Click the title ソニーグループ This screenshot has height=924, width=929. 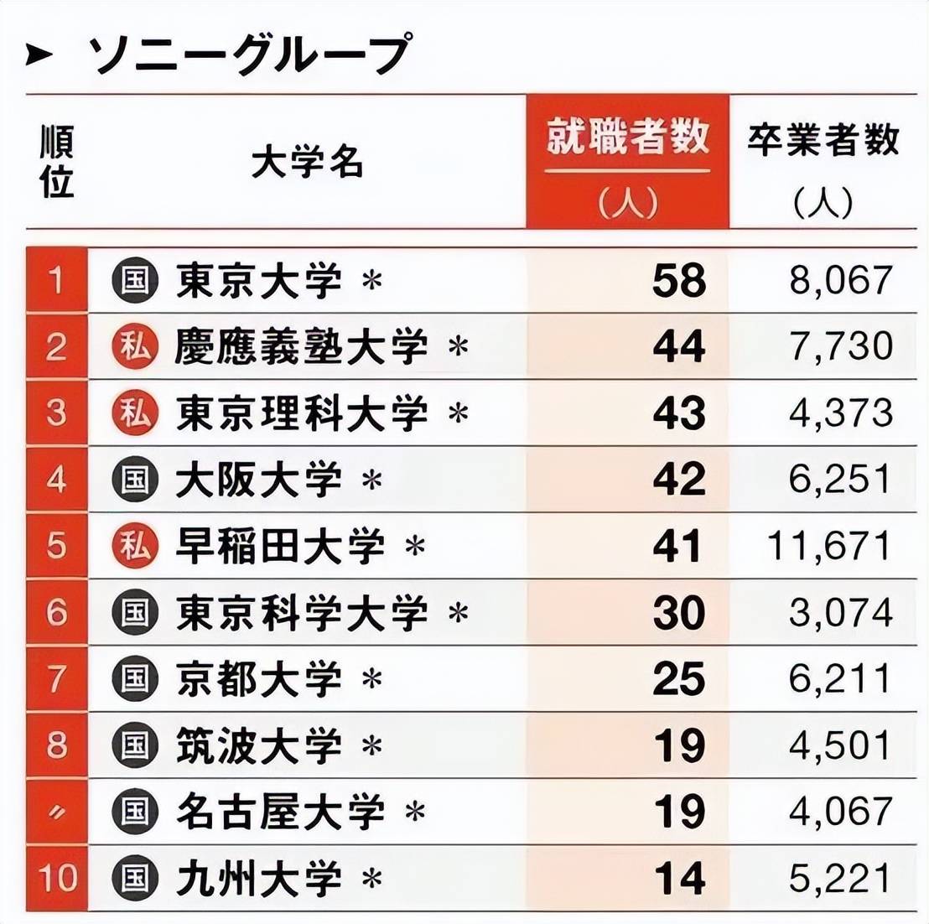[250, 55]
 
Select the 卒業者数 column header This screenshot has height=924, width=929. [823, 140]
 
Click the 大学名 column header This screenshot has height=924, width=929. [307, 162]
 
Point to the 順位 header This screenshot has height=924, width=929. [57, 162]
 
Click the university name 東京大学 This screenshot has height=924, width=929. [259, 280]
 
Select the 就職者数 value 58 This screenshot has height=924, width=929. [679, 280]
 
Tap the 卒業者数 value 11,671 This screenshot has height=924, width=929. [829, 546]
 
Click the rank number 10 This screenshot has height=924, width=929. [57, 878]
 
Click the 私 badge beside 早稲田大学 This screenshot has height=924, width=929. [134, 546]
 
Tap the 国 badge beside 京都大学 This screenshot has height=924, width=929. [134, 678]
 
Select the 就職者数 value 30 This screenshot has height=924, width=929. [679, 612]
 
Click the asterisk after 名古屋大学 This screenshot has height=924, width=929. [414, 812]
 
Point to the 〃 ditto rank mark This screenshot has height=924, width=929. [57, 812]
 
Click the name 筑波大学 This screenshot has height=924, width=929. [259, 745]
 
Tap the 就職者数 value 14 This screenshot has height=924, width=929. [679, 878]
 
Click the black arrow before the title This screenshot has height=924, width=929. [39, 56]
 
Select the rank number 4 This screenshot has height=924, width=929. [57, 480]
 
